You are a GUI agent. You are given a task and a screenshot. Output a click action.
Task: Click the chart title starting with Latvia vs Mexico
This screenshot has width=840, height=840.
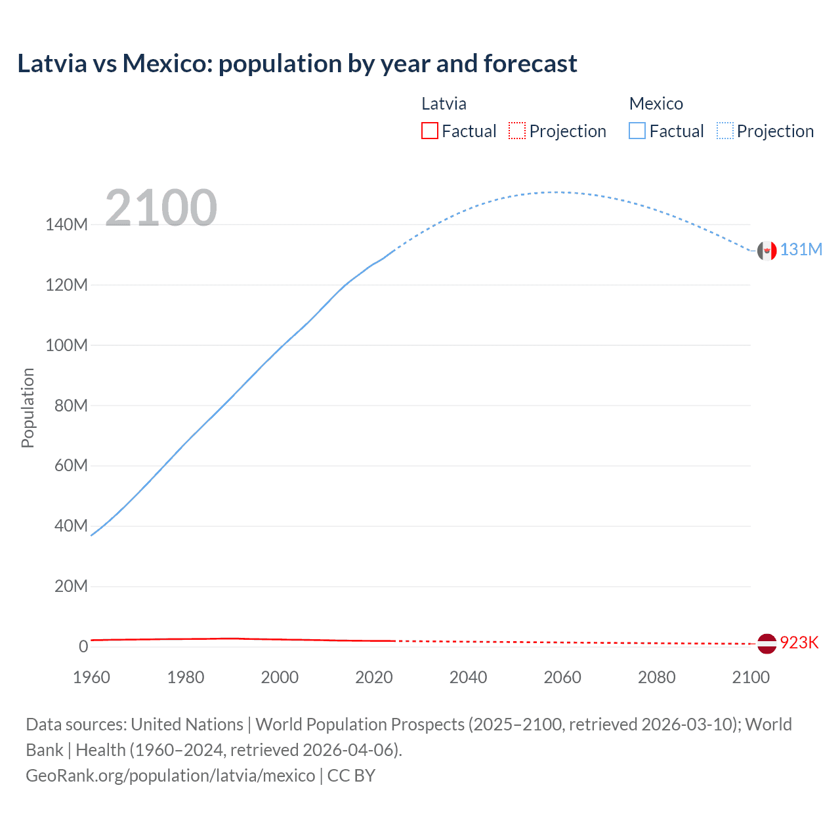(297, 64)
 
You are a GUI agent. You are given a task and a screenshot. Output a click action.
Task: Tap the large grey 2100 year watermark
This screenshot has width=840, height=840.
(161, 208)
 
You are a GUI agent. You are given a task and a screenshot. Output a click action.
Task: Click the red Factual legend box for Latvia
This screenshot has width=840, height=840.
(429, 131)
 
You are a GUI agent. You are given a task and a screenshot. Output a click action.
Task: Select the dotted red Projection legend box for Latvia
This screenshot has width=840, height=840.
(517, 131)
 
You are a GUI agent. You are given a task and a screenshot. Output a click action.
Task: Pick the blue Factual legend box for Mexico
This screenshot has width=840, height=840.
(637, 131)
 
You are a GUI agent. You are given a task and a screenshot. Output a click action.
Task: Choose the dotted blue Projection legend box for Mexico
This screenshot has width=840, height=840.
(725, 131)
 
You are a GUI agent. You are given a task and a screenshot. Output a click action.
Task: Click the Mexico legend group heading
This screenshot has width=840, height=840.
(656, 104)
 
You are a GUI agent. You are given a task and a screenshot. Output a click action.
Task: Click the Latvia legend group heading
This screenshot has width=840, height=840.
(444, 104)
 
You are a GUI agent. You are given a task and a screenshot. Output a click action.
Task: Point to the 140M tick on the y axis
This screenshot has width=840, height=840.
(66, 225)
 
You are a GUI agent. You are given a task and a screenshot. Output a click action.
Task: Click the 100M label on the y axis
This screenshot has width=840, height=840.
(66, 345)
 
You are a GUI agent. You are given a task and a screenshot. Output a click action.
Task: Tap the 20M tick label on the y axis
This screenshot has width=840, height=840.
(70, 586)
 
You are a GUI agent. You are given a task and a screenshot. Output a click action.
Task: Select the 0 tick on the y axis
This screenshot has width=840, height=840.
(83, 646)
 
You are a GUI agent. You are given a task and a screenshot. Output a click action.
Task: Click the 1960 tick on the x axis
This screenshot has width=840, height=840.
(91, 677)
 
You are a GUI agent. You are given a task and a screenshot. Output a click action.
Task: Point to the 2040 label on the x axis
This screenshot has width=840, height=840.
(468, 677)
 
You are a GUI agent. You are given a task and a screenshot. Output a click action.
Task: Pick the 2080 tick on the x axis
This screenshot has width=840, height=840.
(656, 677)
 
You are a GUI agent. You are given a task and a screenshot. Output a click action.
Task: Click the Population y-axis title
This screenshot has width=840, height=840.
(28, 408)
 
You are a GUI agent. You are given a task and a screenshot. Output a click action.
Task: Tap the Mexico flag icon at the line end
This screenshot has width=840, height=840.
(766, 251)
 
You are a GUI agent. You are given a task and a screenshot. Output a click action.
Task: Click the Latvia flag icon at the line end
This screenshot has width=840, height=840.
(766, 643)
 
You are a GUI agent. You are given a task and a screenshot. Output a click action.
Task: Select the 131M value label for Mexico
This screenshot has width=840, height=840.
(801, 250)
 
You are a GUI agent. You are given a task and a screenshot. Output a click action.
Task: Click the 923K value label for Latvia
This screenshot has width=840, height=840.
(799, 642)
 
